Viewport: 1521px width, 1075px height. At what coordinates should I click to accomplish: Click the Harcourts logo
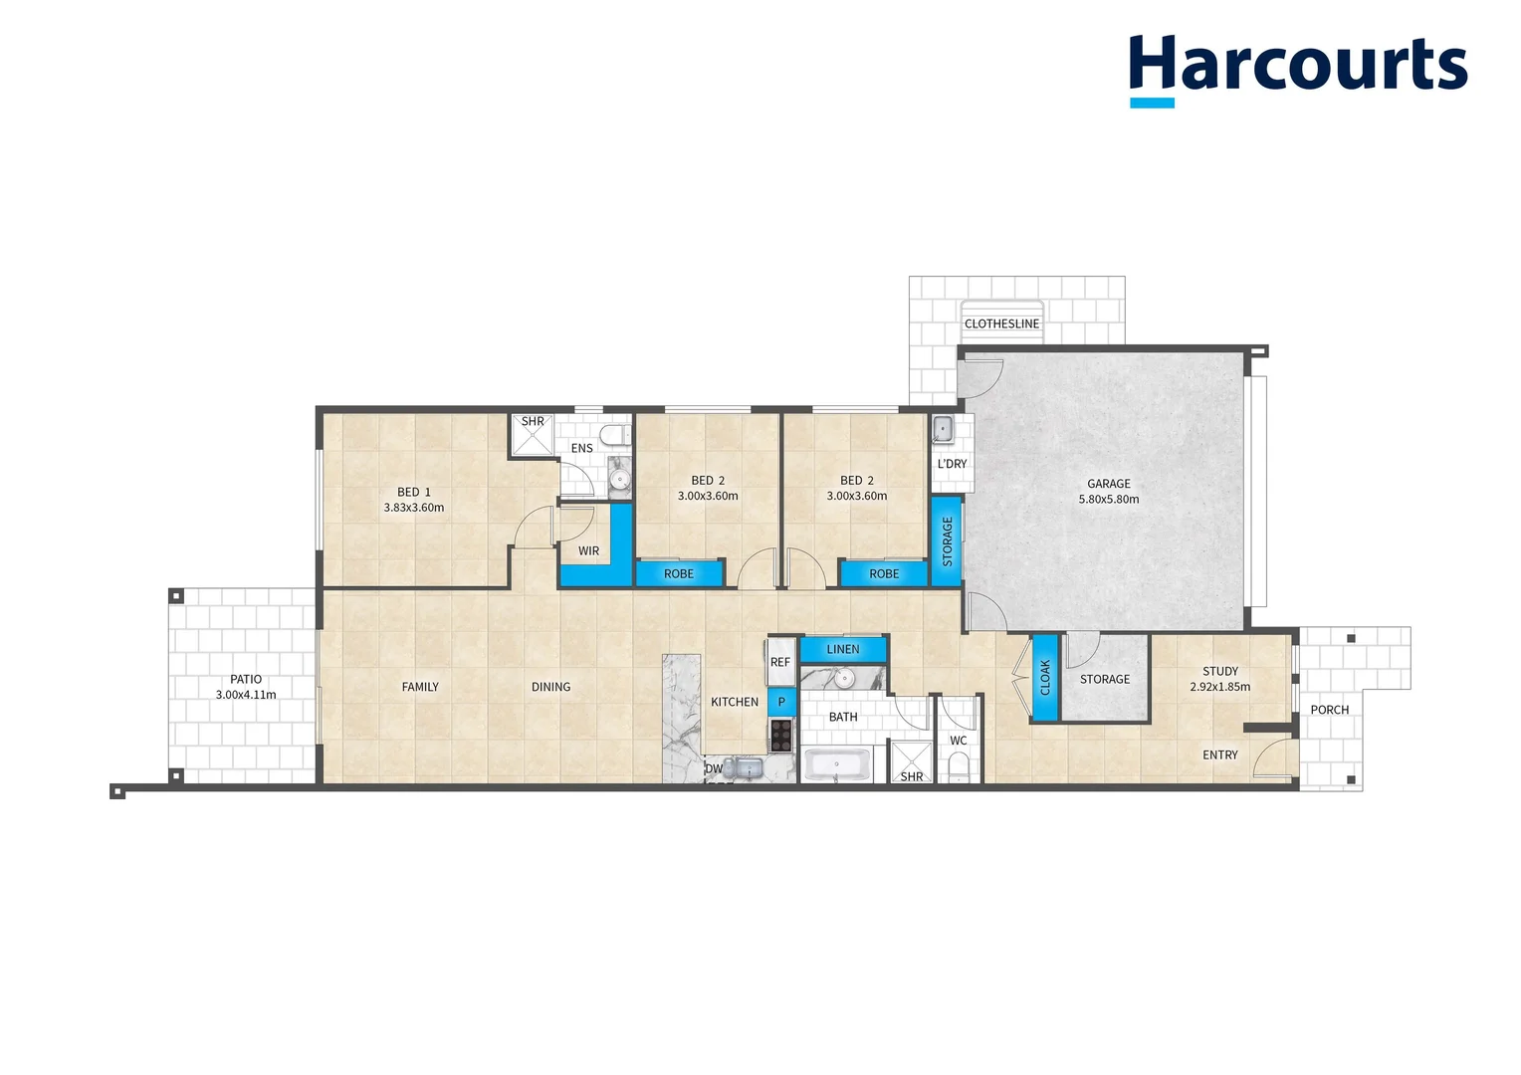[1297, 68]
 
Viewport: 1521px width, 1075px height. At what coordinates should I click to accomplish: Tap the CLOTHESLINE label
[1001, 323]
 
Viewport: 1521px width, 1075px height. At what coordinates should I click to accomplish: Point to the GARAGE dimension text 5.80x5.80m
[1109, 500]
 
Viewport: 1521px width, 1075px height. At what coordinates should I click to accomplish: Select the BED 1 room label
[414, 492]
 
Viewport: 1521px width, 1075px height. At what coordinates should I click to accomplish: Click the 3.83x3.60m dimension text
[414, 508]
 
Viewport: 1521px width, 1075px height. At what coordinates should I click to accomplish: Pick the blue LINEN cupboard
[843, 650]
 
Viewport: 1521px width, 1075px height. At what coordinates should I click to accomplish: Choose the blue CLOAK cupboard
[1045, 678]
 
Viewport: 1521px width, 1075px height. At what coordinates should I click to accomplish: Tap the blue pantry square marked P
[781, 702]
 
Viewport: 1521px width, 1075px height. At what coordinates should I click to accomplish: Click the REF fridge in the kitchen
[780, 662]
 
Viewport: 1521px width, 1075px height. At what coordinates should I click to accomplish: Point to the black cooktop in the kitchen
[781, 735]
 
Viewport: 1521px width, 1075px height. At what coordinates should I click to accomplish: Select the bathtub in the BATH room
[837, 766]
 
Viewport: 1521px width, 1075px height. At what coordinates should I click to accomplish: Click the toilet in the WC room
[959, 767]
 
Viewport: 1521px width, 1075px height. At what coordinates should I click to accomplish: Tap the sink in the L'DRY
[942, 429]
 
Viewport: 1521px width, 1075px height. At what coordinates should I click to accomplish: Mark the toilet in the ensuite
[616, 435]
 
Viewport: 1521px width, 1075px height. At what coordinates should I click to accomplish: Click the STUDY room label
[1220, 671]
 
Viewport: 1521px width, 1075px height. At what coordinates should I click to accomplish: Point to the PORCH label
[1330, 710]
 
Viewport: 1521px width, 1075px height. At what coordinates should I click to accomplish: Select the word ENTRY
[1220, 755]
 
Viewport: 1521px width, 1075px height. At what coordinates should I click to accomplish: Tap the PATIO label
[246, 679]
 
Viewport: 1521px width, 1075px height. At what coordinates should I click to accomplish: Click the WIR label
[589, 550]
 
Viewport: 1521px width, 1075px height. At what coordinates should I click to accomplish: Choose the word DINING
[551, 687]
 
